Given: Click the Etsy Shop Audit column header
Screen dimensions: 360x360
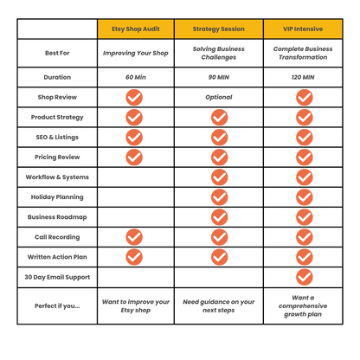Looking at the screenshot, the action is click(136, 29).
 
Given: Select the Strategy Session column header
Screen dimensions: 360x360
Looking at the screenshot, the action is click(219, 29).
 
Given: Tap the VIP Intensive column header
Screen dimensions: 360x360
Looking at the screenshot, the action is click(303, 29).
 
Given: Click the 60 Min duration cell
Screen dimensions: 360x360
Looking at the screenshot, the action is click(136, 77).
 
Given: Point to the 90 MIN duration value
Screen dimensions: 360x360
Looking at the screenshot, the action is click(219, 77).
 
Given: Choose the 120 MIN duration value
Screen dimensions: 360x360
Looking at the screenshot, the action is click(303, 77).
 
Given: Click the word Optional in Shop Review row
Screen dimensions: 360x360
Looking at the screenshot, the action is click(219, 97).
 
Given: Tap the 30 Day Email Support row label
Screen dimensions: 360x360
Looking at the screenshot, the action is click(57, 277).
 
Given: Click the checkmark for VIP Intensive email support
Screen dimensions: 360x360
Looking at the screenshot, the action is click(305, 277).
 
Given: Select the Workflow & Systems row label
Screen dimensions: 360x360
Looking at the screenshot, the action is click(57, 177).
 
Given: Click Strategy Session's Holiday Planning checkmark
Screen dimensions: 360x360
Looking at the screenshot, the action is click(220, 197).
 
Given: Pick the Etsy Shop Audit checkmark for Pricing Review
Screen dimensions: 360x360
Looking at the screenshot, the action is click(134, 157).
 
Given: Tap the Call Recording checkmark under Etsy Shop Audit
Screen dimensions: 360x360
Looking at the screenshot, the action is click(134, 237).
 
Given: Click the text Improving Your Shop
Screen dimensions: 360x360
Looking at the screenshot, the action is click(136, 53).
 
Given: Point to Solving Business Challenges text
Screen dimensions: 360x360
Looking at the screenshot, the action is click(219, 53).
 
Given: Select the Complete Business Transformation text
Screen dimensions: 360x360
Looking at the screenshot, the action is click(303, 53).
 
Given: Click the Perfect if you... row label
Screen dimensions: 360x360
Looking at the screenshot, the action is click(57, 305).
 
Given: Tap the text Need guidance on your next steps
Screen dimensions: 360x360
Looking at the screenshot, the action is click(219, 305).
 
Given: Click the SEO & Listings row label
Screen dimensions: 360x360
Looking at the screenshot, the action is click(57, 138).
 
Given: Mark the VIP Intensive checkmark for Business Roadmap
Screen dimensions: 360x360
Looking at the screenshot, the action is click(305, 217).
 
